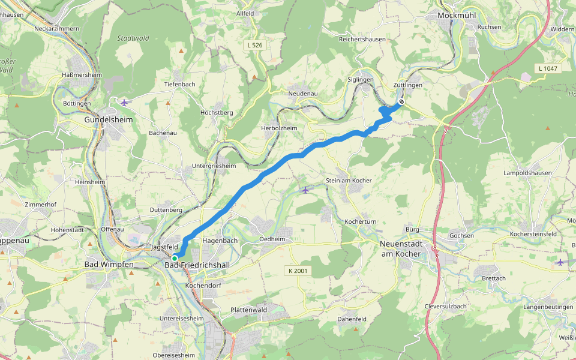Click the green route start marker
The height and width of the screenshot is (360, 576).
[174, 258]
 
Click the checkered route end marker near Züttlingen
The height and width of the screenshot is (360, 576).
[401, 102]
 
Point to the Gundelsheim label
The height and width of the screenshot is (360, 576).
[108, 119]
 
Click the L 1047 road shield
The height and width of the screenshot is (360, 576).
[548, 68]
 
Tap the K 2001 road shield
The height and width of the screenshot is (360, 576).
[297, 271]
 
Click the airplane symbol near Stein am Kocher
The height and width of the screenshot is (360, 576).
[306, 190]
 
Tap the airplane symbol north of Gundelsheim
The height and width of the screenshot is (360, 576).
[124, 102]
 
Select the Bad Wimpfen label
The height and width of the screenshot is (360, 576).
[109, 265]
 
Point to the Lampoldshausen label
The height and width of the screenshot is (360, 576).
[528, 173]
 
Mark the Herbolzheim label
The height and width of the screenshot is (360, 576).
[279, 128]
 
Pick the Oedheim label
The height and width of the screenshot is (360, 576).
[272, 239]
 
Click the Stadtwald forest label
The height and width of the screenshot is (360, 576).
[133, 38]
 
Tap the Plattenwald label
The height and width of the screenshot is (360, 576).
[248, 310]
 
